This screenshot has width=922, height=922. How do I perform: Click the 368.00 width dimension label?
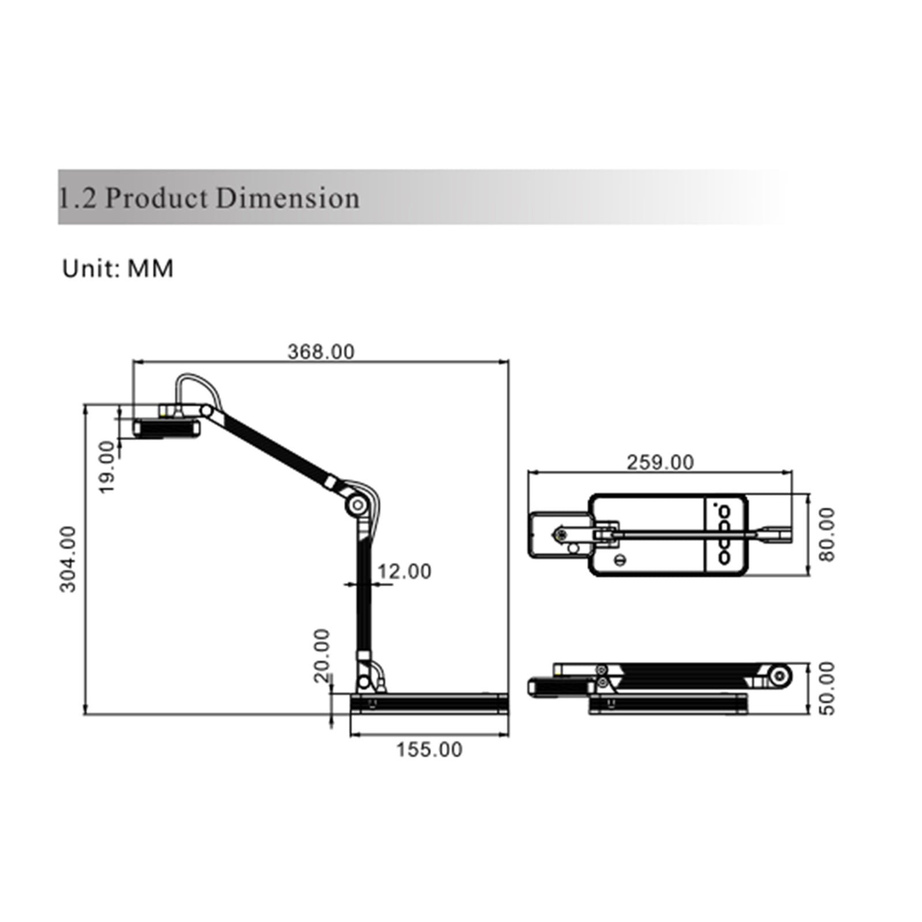click(321, 352)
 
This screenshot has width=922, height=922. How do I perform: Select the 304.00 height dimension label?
click(68, 559)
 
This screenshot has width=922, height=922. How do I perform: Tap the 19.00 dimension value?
click(107, 467)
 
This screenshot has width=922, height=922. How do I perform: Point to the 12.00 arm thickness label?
click(404, 571)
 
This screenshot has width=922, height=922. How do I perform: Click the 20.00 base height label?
click(322, 656)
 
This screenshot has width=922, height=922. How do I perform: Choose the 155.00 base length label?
click(429, 750)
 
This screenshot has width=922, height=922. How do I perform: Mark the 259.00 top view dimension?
click(660, 462)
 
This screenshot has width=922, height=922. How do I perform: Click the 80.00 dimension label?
click(827, 534)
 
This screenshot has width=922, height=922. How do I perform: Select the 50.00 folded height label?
click(827, 688)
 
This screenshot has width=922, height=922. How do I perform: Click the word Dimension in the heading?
click(288, 198)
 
